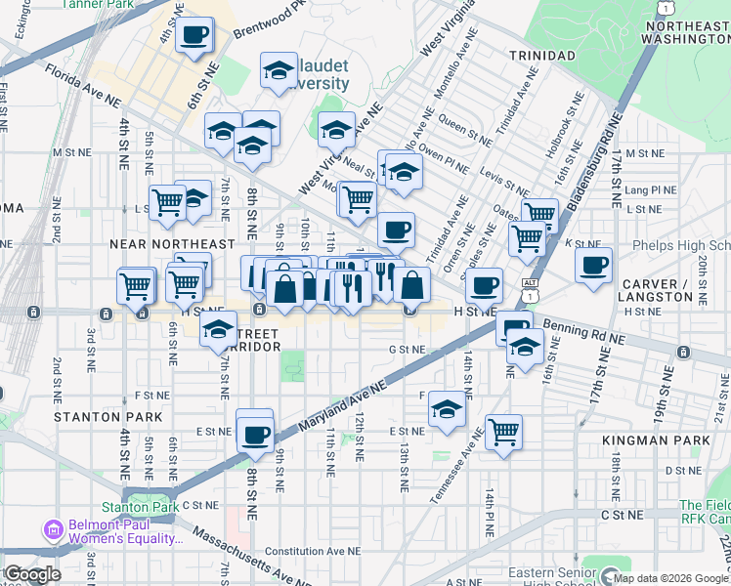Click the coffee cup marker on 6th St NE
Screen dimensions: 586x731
[193, 35]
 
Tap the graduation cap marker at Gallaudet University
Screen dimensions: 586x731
[279, 70]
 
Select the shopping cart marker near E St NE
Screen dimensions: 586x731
[503, 431]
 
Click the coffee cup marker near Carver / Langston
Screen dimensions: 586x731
[594, 265]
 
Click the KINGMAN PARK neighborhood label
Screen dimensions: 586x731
[670, 441]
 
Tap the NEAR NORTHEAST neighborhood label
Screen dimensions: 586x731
[172, 244]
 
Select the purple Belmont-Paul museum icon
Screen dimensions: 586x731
[53, 531]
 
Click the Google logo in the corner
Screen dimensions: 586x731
[32, 574]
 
